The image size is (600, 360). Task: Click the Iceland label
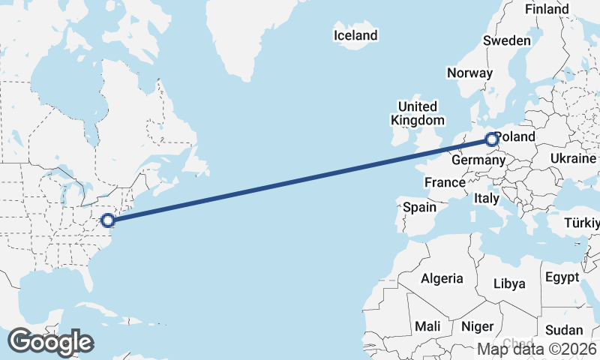(355, 35)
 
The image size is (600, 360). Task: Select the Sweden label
(507, 40)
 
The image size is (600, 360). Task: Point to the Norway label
(469, 73)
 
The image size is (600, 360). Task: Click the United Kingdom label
(417, 112)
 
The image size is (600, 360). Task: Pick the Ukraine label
(573, 159)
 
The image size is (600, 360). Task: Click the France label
(445, 182)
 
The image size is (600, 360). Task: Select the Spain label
(419, 207)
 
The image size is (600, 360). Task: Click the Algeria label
(442, 278)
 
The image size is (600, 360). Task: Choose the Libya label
(508, 283)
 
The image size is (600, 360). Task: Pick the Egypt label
(562, 277)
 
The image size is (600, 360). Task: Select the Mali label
(428, 326)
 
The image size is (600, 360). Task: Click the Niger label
(477, 326)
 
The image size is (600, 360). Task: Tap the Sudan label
(563, 330)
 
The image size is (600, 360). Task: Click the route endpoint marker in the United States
(108, 220)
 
